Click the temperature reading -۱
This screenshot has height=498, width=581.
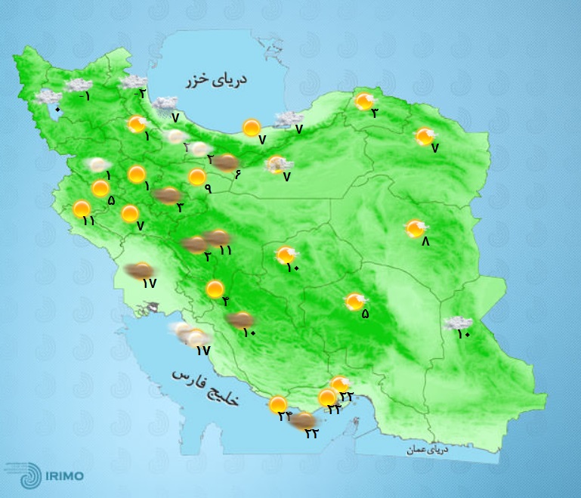pyautogui.click(x=85, y=96)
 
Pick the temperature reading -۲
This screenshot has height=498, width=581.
pyautogui.click(x=140, y=94)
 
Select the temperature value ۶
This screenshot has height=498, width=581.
pyautogui.click(x=237, y=175)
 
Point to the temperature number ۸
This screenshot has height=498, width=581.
pyautogui.click(x=425, y=242)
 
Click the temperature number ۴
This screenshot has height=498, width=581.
pyautogui.click(x=225, y=302)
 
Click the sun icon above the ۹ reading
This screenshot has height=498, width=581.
pyautogui.click(x=197, y=177)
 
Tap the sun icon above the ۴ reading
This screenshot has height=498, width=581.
pyautogui.click(x=215, y=288)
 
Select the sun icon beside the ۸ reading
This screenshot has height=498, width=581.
pyautogui.click(x=415, y=227)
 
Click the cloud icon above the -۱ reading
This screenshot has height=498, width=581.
pyautogui.click(x=79, y=85)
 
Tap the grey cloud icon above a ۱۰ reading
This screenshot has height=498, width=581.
pyautogui.click(x=458, y=323)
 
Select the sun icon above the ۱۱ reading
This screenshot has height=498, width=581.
pyautogui.click(x=82, y=208)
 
